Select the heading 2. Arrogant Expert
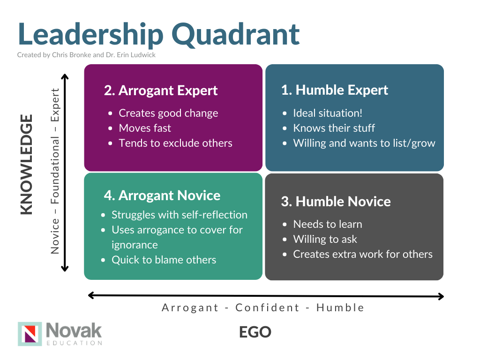[161, 90]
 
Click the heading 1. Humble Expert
[335, 90]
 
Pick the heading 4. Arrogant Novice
[162, 195]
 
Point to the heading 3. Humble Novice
[336, 202]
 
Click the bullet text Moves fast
[145, 128]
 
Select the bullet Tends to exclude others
[175, 143]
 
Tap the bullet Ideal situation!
[328, 113]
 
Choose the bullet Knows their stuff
[334, 128]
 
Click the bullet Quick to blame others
[164, 260]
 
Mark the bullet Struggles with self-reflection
[179, 215]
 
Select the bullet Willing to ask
[325, 239]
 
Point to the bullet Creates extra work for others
[362, 254]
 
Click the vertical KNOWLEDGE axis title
[27, 165]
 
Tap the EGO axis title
[255, 332]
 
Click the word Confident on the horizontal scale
[267, 307]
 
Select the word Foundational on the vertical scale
[56, 171]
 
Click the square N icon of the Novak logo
[30, 333]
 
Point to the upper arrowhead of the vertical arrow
[65, 77]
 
